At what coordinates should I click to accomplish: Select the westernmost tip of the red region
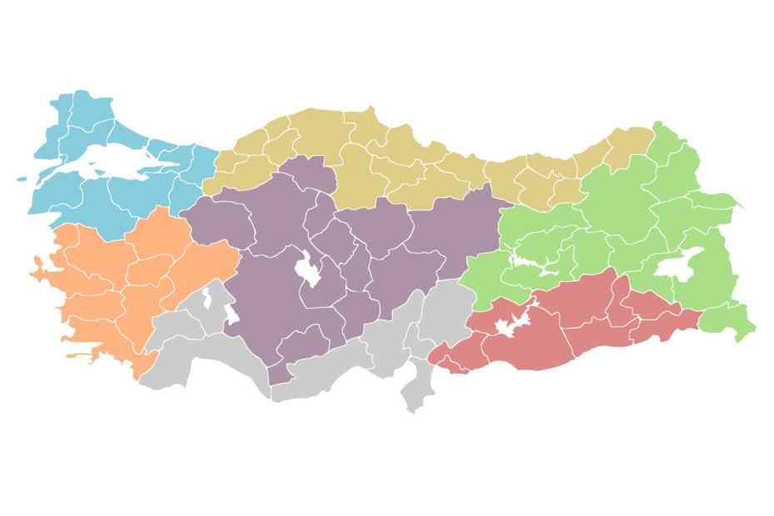(430, 360)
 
